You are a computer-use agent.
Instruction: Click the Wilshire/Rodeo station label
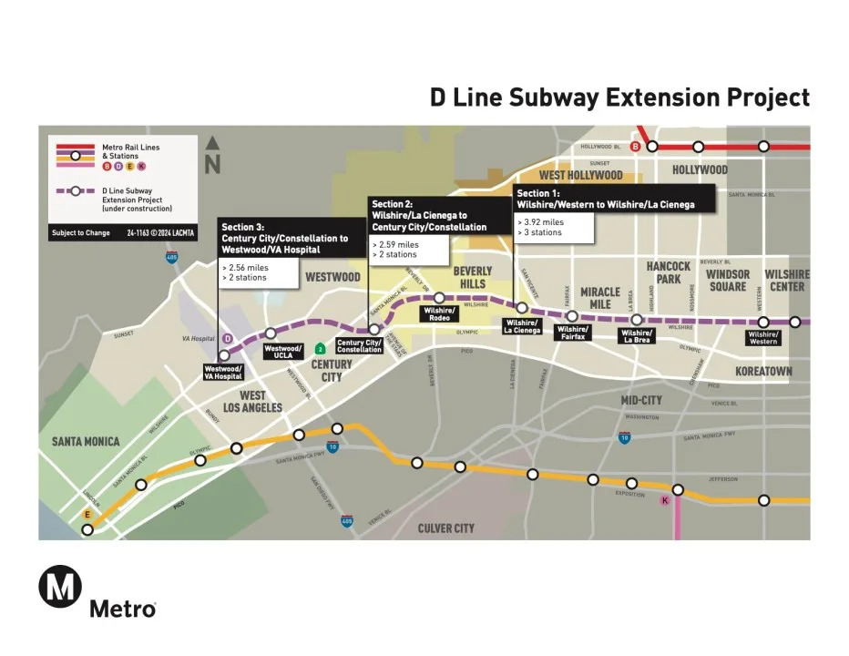437,313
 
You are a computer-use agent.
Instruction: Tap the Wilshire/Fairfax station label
572,332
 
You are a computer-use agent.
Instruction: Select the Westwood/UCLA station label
283,351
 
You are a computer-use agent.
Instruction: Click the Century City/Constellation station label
359,345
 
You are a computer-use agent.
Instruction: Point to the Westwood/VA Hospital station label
223,372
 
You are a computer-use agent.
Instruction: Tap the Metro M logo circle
60,586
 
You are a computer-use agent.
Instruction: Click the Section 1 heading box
605,200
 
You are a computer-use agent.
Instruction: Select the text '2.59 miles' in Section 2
397,245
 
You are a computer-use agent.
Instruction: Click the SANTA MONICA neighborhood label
85,442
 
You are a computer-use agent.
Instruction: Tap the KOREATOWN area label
763,372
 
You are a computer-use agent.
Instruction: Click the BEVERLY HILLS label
473,277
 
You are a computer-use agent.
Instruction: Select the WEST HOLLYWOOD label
580,175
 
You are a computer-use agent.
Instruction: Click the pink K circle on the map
665,500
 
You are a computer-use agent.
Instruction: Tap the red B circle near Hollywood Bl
650,147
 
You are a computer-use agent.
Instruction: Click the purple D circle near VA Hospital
228,339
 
